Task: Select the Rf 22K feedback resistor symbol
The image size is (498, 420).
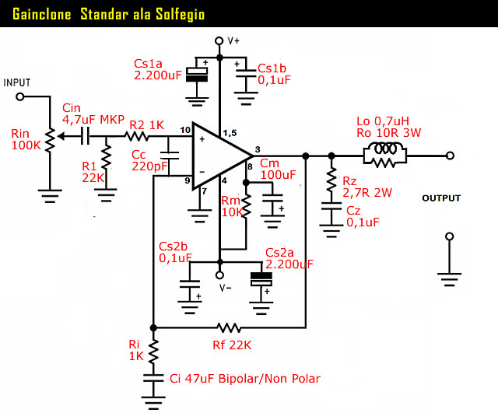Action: (x=230, y=327)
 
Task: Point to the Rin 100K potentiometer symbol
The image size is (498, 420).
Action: (x=52, y=140)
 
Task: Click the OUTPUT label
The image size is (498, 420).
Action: (x=441, y=198)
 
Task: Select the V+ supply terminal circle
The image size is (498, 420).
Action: (x=219, y=39)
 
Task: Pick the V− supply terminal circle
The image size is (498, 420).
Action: (x=219, y=275)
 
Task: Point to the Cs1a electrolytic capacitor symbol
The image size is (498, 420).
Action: (x=201, y=72)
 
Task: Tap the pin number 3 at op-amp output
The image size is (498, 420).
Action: (x=258, y=149)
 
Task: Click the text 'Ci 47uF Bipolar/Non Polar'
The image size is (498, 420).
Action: (x=244, y=379)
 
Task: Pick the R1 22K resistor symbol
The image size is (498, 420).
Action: (x=106, y=163)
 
